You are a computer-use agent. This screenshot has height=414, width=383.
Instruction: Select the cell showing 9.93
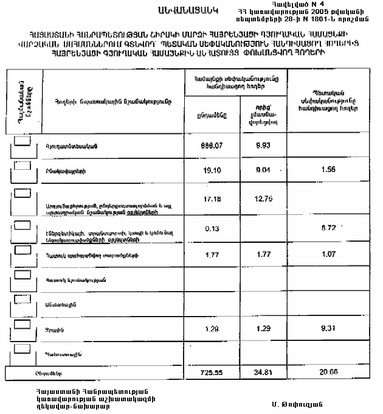click(x=263, y=145)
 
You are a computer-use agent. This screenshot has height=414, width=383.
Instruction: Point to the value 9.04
click(x=263, y=170)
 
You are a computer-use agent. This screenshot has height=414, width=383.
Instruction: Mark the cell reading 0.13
click(x=210, y=228)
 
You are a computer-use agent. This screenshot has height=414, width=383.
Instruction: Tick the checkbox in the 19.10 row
click(x=22, y=166)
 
